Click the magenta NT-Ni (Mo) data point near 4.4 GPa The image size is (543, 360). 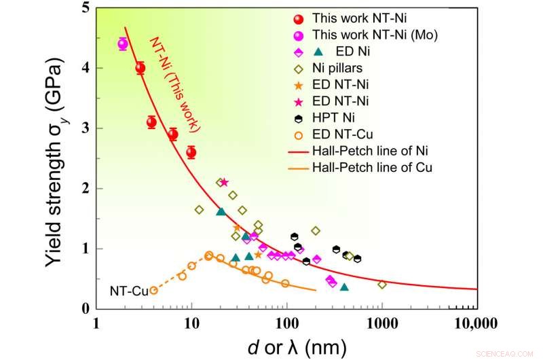pos(123,44)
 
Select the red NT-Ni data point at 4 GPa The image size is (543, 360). pos(141,68)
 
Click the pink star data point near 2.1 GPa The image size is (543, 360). pos(225,182)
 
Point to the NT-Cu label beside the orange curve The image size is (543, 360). pos(129,291)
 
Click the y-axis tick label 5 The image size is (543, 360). pos(84,9)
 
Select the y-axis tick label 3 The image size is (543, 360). pos(84,128)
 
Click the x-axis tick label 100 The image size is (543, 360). pos(286,322)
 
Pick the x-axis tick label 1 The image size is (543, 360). pos(97,322)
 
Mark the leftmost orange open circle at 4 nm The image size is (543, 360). pos(154,290)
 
